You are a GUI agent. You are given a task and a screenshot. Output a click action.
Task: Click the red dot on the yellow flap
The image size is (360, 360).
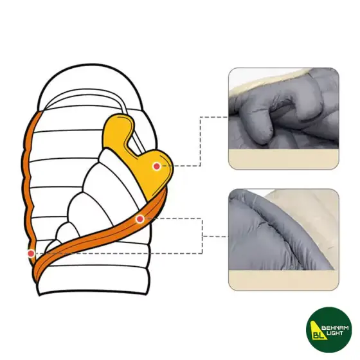tap(157, 166)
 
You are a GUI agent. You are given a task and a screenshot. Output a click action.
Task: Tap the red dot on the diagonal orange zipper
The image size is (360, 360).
tap(140, 219)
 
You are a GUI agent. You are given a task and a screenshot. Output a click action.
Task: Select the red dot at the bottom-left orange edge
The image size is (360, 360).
tap(31, 253)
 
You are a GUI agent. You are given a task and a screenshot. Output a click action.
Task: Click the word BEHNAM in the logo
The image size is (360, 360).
tap(335, 328)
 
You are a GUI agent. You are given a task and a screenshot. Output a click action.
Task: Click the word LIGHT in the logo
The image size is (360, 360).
tap(335, 333)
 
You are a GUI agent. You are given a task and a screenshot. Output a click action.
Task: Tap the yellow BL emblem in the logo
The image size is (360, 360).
tap(318, 330)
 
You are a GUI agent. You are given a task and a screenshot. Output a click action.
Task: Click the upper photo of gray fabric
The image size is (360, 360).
tap(283, 118)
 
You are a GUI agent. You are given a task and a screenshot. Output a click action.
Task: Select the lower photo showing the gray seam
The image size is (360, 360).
tap(283, 240)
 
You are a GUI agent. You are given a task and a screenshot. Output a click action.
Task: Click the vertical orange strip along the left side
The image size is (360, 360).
tap(29, 184)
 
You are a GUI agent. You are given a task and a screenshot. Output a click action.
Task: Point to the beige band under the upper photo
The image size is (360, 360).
tap(283, 159)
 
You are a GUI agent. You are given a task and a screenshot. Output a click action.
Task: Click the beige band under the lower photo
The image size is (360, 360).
tap(283, 280)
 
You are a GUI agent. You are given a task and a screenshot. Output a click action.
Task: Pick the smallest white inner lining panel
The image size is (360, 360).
tap(53, 246)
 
